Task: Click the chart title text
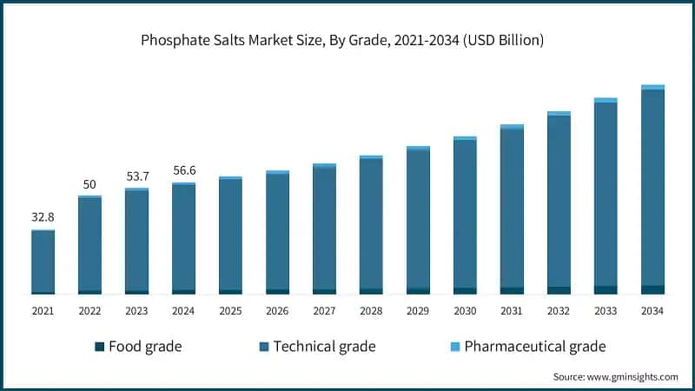click(x=347, y=42)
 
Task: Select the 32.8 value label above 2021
click(x=43, y=217)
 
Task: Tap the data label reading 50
click(x=89, y=184)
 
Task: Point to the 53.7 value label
click(x=136, y=176)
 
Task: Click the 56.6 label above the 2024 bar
click(x=183, y=170)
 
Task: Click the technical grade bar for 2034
click(x=652, y=187)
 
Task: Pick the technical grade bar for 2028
click(x=371, y=223)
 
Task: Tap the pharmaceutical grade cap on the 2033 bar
click(x=606, y=100)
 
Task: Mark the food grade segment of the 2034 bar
click(x=652, y=289)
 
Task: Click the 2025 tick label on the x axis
click(x=230, y=311)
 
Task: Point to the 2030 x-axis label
click(x=465, y=311)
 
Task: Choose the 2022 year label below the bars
click(x=89, y=311)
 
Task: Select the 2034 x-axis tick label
click(x=652, y=311)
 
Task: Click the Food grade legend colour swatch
click(x=100, y=347)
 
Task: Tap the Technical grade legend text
click(x=324, y=347)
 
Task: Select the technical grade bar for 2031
click(x=512, y=208)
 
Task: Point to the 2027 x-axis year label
click(x=324, y=311)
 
